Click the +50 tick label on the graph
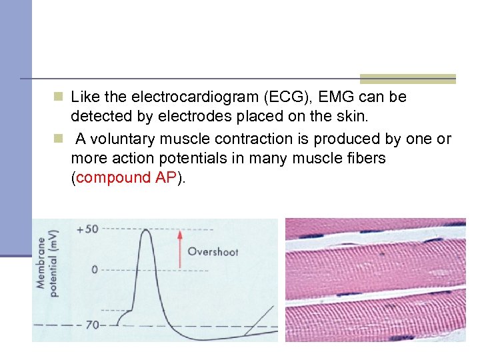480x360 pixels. [87, 229]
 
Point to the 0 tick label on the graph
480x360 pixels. [95, 269]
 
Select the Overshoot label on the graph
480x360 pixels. [213, 252]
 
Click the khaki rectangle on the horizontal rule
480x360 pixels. [407, 79]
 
